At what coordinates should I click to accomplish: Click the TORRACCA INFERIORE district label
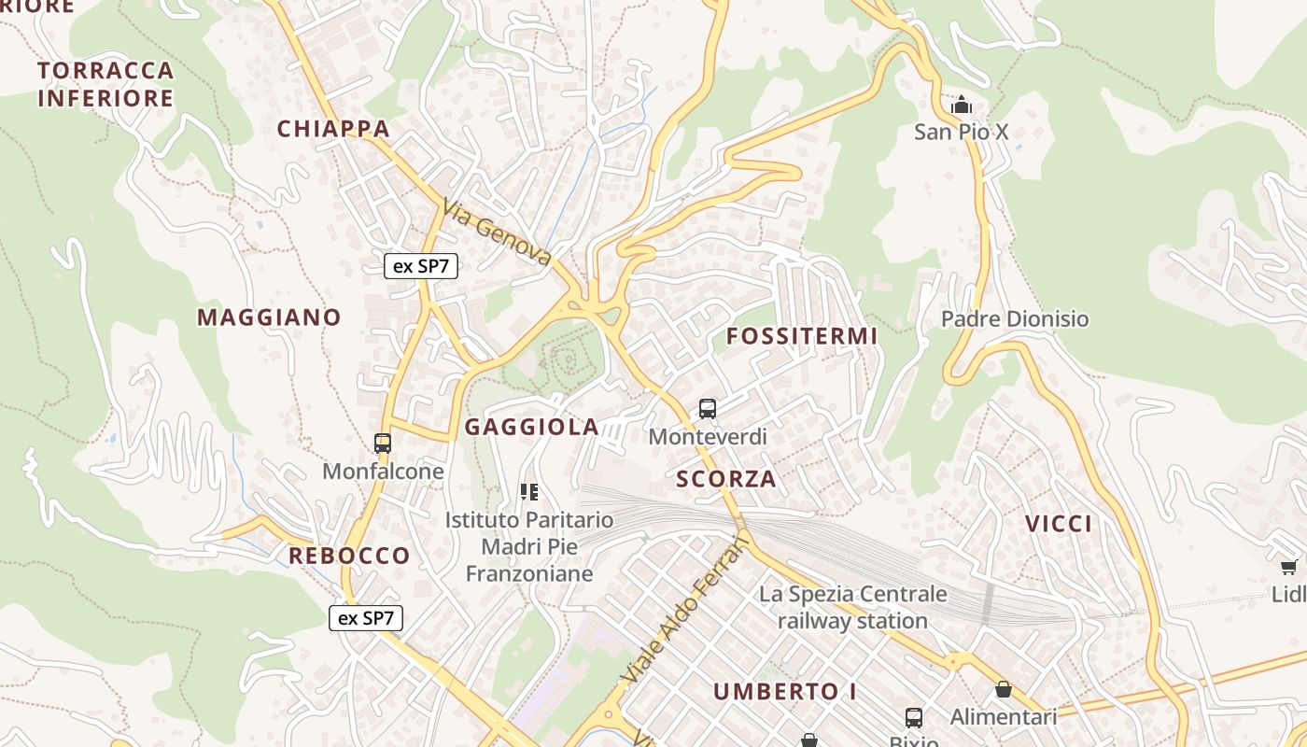click(105, 84)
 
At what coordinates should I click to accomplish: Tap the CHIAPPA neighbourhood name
click(333, 129)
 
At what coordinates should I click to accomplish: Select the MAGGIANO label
click(269, 317)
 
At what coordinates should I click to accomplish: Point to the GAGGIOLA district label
click(532, 428)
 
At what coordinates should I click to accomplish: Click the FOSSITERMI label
click(802, 336)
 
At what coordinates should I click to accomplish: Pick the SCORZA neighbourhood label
click(726, 479)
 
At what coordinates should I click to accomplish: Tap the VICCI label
click(1059, 524)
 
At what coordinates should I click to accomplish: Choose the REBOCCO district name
click(349, 556)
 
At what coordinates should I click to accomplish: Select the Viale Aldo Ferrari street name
click(685, 611)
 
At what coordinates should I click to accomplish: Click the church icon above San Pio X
click(961, 105)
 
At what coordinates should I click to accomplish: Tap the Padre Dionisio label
click(1015, 319)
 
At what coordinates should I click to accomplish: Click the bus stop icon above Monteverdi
click(708, 409)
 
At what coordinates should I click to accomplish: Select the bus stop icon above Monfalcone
click(383, 444)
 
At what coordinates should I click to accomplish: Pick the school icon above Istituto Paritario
click(529, 491)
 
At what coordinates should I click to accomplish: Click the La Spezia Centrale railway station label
click(852, 607)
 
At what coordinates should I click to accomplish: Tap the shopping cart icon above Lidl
click(1289, 568)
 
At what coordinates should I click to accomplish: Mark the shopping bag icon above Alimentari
click(1004, 690)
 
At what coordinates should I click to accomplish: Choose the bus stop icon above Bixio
click(914, 718)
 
